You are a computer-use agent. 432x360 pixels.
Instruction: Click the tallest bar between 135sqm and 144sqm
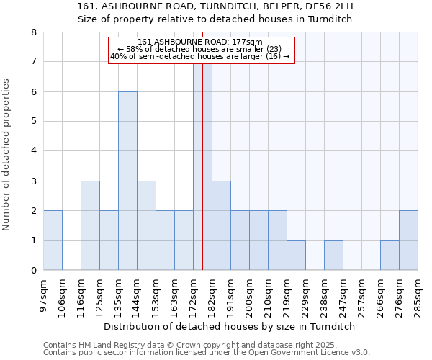127,181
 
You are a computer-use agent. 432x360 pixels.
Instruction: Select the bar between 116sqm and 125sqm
90,225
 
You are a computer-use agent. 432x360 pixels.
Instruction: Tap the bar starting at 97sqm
53,240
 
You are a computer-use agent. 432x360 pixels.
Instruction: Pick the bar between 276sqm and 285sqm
408,240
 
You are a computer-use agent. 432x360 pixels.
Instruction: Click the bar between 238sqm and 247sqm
333,256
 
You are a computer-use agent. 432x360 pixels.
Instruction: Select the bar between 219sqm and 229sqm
296,256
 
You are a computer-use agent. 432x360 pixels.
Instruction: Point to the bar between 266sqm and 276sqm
390,256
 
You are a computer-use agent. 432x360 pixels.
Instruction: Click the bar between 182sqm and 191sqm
221,225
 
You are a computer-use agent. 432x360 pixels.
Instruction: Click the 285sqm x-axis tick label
418,294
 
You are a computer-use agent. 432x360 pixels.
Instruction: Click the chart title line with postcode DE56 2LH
215,7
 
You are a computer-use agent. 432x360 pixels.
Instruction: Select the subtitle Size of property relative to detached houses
215,19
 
